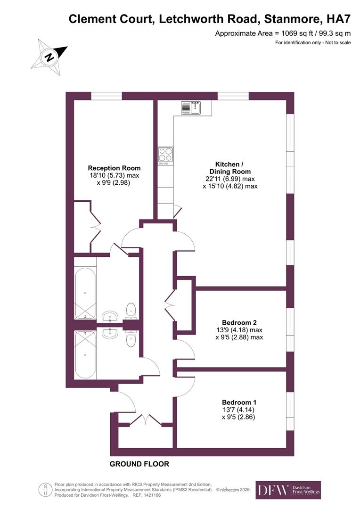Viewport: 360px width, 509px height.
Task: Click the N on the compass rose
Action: [x=49, y=58]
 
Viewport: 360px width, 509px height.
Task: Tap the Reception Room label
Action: [x=115, y=168]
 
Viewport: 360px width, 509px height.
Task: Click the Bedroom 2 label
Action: [x=239, y=322]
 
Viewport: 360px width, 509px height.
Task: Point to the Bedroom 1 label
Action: [x=239, y=402]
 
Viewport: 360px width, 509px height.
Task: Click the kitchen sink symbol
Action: [x=191, y=108]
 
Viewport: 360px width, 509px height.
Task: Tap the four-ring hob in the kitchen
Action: [x=165, y=155]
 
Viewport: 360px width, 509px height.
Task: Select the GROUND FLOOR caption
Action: [x=139, y=464]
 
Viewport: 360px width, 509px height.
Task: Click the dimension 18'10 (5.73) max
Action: [x=115, y=175]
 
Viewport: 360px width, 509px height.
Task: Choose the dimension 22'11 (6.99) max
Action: [x=230, y=179]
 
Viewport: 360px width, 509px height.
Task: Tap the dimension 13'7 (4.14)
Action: [x=239, y=410]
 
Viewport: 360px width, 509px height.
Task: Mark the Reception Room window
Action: [x=106, y=96]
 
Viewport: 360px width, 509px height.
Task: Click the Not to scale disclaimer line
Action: [x=313, y=43]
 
